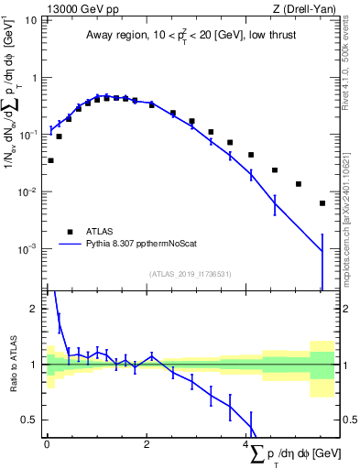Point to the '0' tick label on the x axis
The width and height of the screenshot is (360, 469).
point(47,444)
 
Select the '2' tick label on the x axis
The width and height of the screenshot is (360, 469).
point(146,444)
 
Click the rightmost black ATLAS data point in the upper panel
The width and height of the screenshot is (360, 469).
point(322,203)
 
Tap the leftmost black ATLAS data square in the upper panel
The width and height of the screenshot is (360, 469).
point(50,160)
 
